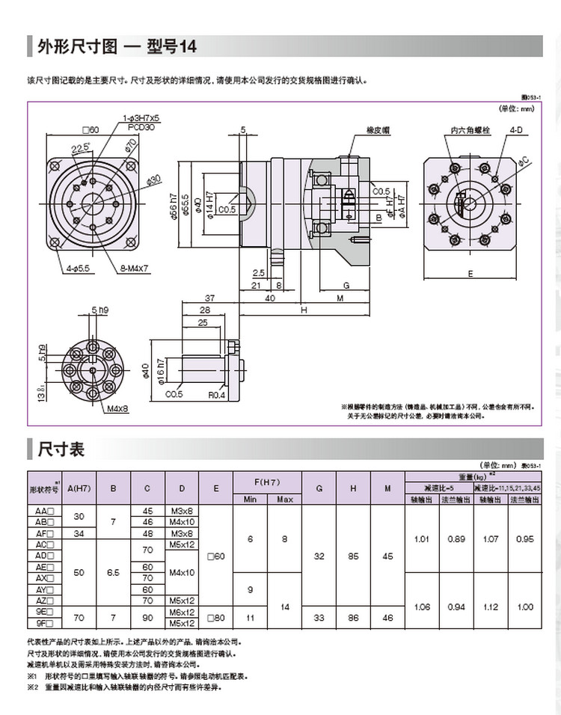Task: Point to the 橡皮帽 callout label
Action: point(378,130)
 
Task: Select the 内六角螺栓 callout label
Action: point(470,130)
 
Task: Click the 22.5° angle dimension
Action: point(80,147)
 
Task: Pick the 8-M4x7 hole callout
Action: point(134,268)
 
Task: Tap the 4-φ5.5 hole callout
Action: point(78,268)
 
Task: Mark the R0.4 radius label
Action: point(217,395)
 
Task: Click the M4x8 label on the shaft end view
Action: point(117,409)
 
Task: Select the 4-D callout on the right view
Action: point(515,130)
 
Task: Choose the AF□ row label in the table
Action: point(46,534)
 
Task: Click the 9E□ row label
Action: point(46,611)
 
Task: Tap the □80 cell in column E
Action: point(216,617)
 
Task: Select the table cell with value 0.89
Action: point(456,538)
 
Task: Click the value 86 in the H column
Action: point(352,617)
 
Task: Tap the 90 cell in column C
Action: point(147,617)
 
